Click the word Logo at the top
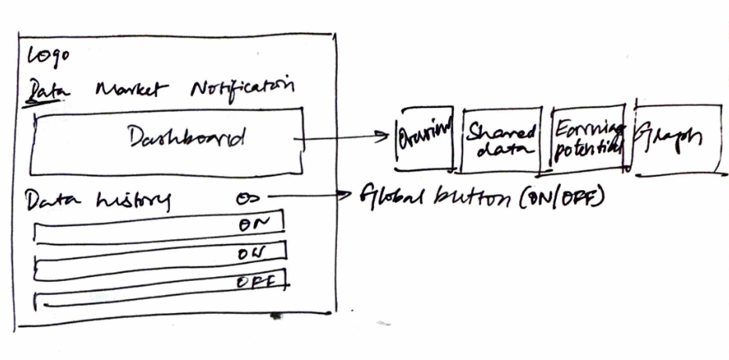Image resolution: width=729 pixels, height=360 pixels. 48,56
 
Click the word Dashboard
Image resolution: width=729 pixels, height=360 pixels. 187,139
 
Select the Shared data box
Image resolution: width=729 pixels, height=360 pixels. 501,140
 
